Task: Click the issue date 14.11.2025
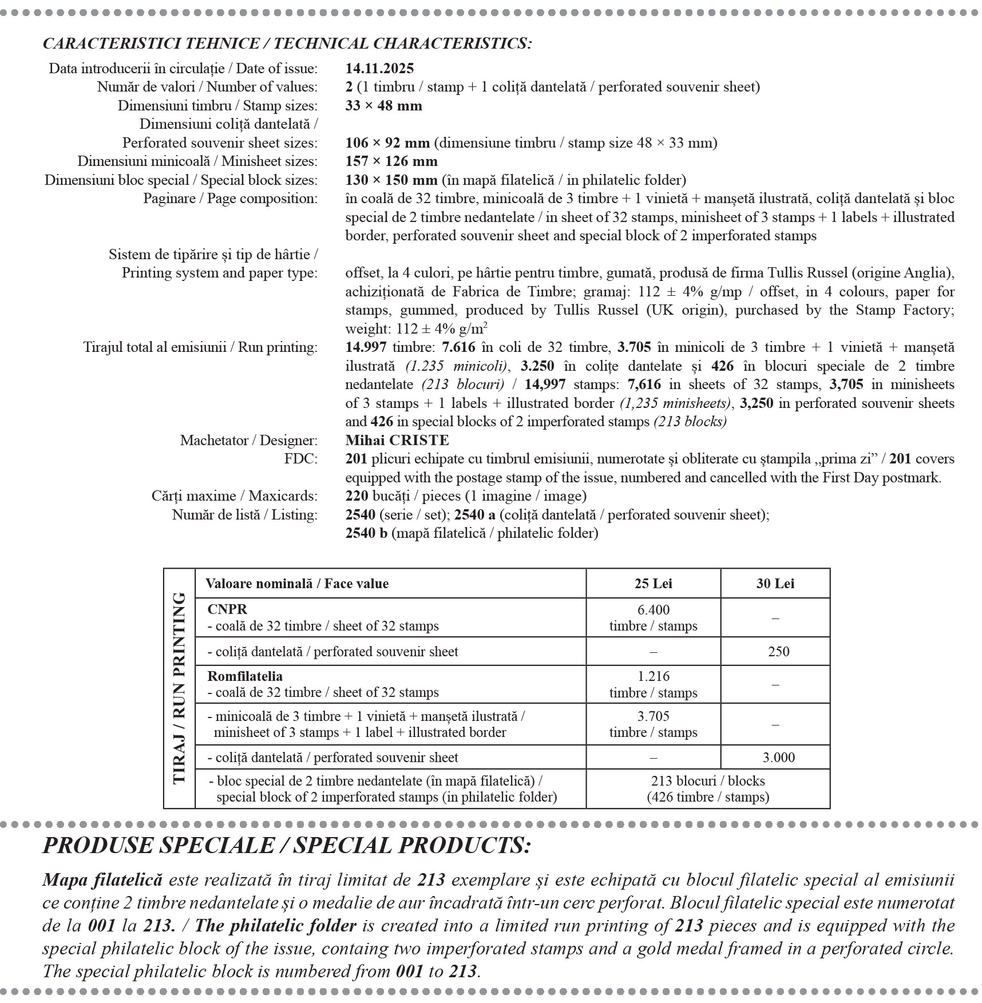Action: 379,69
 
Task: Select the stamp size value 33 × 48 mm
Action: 383,106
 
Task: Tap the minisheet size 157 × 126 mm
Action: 391,161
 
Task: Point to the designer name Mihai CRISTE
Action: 397,440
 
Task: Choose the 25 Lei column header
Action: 653,584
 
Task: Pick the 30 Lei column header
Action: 775,584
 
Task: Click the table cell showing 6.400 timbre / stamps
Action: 653,618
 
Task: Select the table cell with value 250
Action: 778,652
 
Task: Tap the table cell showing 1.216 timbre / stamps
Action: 653,684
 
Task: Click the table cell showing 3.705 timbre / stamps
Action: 653,724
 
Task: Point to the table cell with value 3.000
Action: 778,758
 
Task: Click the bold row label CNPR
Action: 227,610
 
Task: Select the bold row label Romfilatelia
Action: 245,676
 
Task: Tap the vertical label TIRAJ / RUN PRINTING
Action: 179,688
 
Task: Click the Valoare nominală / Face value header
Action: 296,584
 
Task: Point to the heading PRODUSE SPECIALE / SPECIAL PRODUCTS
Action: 287,846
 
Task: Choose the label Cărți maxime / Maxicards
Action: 234,496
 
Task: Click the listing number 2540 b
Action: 366,533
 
